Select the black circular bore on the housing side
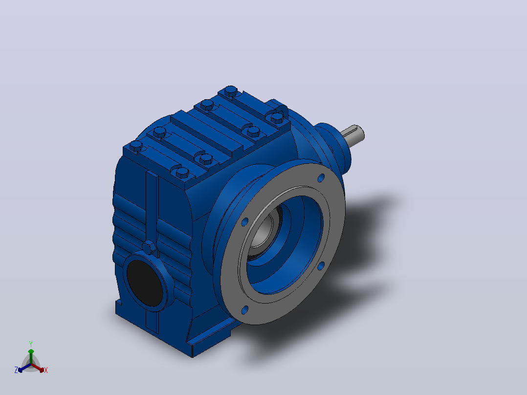pyautogui.click(x=145, y=283)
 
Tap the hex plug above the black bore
pyautogui.click(x=149, y=247)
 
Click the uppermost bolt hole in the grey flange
pyautogui.click(x=321, y=178)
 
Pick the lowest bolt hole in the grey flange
pyautogui.click(x=244, y=310)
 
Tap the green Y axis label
pyautogui.click(x=31, y=344)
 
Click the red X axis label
pyautogui.click(x=46, y=370)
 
